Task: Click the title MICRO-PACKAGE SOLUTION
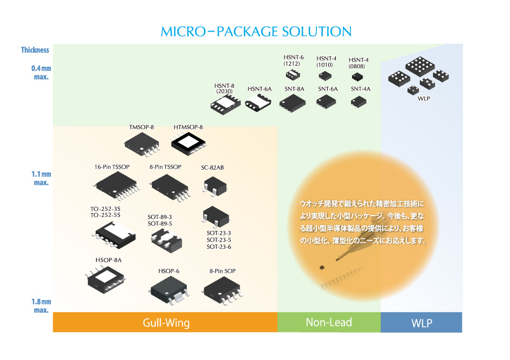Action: [256, 31]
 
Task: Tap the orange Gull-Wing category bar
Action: [165, 323]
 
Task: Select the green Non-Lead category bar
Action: [329, 322]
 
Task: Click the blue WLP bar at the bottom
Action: [422, 323]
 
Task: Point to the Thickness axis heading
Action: [35, 50]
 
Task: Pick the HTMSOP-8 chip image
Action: [188, 143]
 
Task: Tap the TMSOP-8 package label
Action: [142, 127]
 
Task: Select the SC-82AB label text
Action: [212, 167]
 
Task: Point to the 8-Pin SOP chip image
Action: [221, 288]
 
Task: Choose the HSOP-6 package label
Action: [169, 271]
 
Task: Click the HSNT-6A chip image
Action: [258, 102]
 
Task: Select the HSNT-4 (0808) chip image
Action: [358, 77]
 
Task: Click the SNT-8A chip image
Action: [293, 102]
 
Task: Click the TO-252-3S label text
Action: [105, 209]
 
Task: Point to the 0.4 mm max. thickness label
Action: [41, 73]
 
